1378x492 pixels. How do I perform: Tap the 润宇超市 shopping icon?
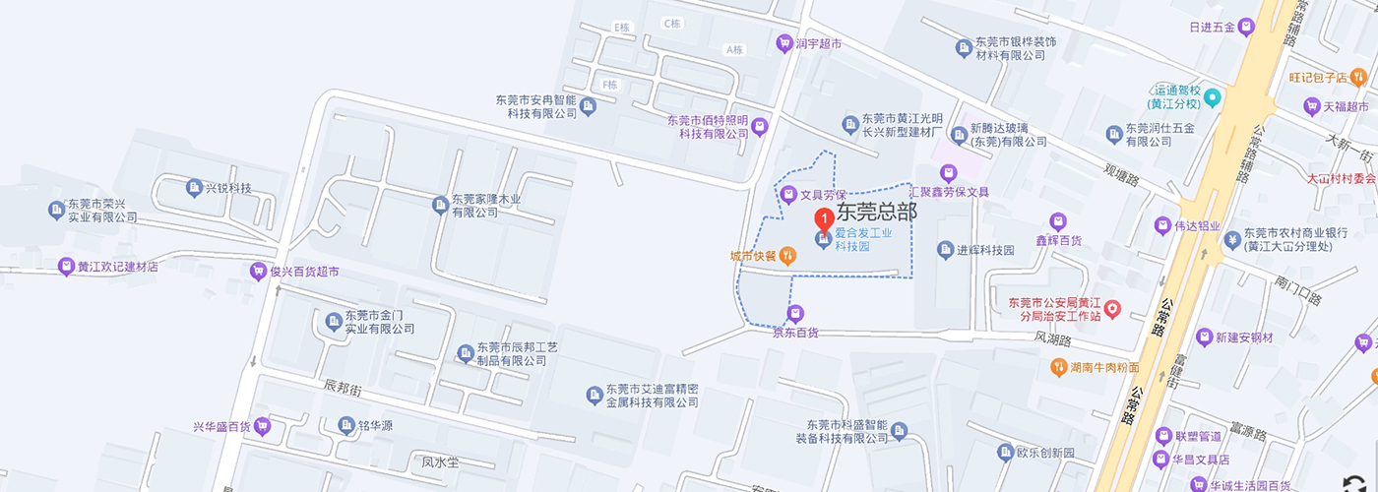point(784,42)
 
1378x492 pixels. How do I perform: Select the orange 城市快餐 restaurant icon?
point(787,256)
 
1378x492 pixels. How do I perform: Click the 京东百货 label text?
point(795,333)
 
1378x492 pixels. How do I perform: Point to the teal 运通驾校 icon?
point(1213,96)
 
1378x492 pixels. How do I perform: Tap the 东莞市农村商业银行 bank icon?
point(1231,239)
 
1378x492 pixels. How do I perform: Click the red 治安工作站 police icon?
point(1113,309)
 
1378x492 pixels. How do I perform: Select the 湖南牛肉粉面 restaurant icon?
point(1058,368)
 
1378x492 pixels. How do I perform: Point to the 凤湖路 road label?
point(1052,338)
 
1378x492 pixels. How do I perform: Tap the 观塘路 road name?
point(1120,174)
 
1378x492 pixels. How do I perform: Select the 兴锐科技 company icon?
point(192,187)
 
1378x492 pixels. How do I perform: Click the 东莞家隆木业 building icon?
point(440,205)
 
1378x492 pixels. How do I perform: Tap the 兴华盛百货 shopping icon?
point(262,426)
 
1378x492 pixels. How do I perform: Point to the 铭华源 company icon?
point(346,425)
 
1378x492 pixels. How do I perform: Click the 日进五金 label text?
point(1212,27)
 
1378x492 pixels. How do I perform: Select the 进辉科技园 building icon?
point(946,250)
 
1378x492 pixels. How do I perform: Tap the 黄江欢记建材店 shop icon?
point(66,266)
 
